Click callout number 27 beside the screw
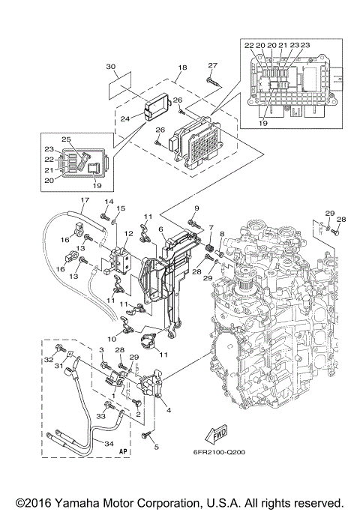point(212,65)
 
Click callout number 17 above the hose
point(84,200)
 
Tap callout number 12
point(128,234)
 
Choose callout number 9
point(196,208)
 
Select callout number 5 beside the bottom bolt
point(157,448)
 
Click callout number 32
point(49,361)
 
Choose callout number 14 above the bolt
point(107,203)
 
